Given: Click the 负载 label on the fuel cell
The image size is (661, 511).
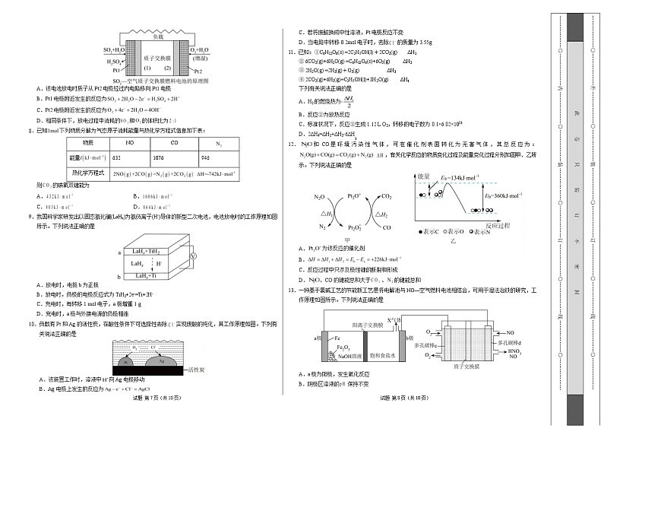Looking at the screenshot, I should coord(157,36).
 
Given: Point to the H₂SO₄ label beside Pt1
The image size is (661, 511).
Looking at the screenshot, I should coord(115,62).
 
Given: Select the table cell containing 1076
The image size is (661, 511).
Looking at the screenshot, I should coord(179,157).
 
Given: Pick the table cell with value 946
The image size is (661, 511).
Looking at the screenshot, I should coord(206,157).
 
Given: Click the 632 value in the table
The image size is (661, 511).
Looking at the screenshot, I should coord(117,157).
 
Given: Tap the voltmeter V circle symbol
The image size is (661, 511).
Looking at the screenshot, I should coord(192,257).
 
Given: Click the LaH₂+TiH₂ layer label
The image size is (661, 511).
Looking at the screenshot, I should coord(145,250).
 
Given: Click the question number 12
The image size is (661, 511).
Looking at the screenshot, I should coord(290,144).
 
